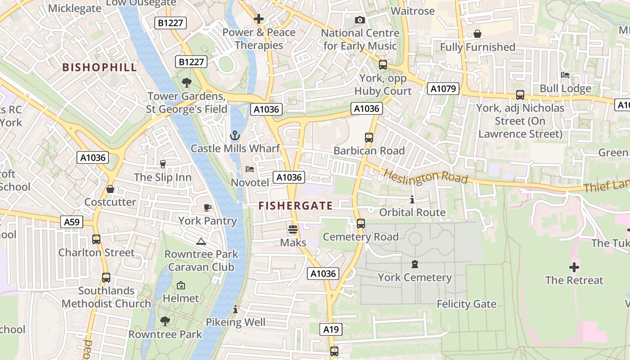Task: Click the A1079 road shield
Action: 443,89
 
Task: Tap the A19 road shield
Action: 331,329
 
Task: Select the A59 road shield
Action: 72,221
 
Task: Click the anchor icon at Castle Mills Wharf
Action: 235,135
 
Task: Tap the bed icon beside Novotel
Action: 250,169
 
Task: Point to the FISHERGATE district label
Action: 296,206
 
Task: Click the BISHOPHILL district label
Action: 99,67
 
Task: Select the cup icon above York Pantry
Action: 207,207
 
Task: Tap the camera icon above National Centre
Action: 360,20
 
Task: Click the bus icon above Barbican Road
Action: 369,138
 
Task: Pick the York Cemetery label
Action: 414,277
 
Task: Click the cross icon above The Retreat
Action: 574,267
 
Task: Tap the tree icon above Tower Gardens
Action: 186,83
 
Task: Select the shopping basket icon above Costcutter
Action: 110,189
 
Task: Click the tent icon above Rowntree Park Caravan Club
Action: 201,241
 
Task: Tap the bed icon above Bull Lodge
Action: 565,75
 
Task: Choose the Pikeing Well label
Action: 235,322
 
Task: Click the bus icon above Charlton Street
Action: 96,239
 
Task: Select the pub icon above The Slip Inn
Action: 163,164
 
